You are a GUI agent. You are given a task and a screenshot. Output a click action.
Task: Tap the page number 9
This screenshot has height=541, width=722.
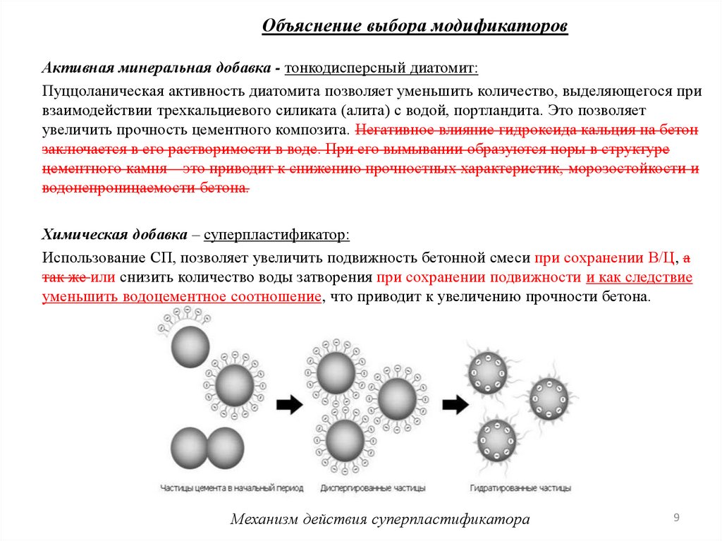(x=676, y=518)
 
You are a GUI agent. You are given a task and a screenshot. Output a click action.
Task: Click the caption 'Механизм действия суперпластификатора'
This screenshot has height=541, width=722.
(x=380, y=520)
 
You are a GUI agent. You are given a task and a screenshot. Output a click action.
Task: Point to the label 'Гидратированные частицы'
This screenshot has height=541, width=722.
(x=520, y=488)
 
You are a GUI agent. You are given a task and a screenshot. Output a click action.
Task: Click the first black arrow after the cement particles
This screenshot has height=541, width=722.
(x=288, y=404)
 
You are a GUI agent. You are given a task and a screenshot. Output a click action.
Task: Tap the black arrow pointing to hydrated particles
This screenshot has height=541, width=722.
(x=455, y=404)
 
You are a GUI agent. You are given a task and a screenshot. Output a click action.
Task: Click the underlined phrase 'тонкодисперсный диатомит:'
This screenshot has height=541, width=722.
(x=381, y=69)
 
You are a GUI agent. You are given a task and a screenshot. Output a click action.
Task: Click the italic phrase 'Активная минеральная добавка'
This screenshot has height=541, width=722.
(x=157, y=69)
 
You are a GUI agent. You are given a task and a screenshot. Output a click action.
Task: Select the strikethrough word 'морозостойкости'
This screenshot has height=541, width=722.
(x=628, y=169)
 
